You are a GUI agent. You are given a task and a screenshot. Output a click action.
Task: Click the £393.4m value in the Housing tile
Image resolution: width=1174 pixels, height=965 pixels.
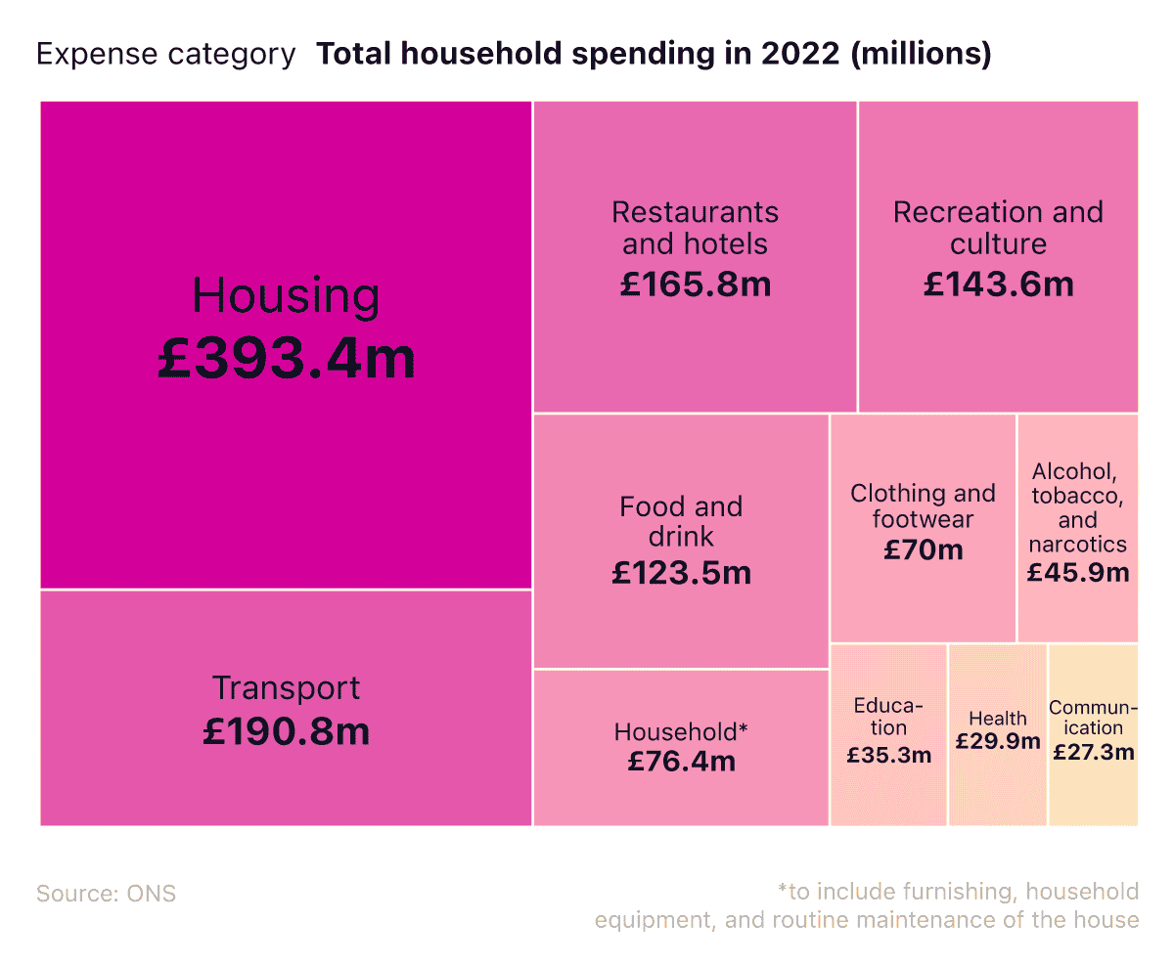click(x=287, y=360)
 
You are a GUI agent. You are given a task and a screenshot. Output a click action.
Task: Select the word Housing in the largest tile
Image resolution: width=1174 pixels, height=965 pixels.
click(x=286, y=295)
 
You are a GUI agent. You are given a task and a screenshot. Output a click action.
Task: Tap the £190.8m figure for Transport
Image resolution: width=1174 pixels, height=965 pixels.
click(x=287, y=731)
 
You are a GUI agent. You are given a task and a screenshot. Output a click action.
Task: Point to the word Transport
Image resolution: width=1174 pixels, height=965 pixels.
click(x=287, y=688)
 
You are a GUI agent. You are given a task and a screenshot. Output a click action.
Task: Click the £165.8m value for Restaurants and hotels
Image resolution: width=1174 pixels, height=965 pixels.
click(x=696, y=285)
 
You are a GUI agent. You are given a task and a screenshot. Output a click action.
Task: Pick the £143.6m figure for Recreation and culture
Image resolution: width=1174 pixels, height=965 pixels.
click(x=998, y=285)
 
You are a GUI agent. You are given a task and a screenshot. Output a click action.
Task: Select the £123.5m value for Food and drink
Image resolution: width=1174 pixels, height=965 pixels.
click(x=681, y=572)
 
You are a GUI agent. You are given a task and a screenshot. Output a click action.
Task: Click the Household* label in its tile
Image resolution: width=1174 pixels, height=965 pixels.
click(x=681, y=731)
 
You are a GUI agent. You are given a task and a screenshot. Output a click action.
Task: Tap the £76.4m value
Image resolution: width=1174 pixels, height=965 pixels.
click(x=681, y=761)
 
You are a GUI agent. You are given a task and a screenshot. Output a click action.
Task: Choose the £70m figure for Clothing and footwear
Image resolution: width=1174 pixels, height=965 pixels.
click(x=923, y=549)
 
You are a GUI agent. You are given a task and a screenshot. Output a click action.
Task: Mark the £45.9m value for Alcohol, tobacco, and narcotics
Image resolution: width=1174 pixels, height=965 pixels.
click(x=1078, y=572)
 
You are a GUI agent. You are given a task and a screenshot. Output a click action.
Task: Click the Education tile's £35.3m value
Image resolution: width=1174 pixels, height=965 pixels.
click(x=889, y=755)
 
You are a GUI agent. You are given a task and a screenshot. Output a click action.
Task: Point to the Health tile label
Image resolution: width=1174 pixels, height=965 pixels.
click(x=998, y=720)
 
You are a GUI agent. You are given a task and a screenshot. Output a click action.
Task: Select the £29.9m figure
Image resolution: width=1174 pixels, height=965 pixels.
click(x=998, y=742)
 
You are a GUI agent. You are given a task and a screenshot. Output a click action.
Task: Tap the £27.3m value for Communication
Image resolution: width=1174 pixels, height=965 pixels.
click(x=1094, y=752)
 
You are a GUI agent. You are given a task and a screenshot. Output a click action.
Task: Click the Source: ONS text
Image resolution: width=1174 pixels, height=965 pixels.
click(x=107, y=894)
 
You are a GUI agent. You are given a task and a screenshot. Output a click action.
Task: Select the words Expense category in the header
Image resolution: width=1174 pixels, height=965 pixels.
click(x=165, y=55)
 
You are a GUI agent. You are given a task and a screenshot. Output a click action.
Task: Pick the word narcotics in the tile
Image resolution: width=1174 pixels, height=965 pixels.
click(x=1078, y=545)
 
